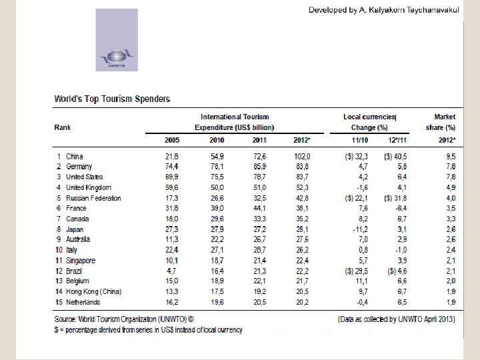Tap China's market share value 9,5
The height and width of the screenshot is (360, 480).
point(449,157)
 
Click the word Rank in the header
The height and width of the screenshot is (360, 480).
point(63,127)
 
